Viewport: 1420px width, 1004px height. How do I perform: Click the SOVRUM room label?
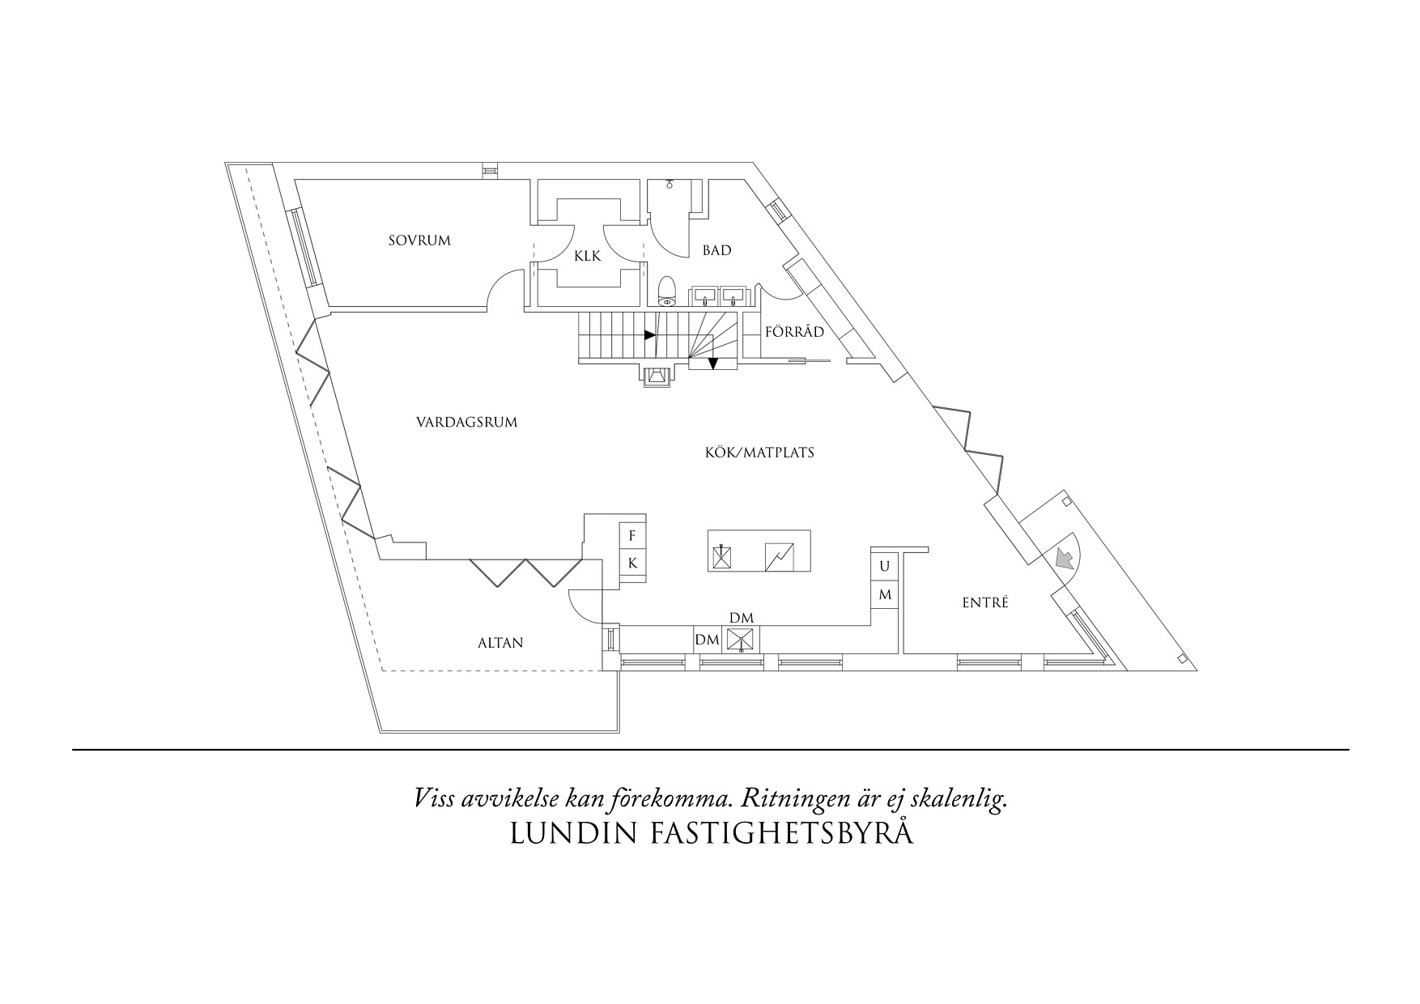click(x=419, y=240)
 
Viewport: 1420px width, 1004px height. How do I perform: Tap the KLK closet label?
click(x=588, y=256)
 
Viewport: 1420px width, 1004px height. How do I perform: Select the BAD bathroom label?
click(x=716, y=250)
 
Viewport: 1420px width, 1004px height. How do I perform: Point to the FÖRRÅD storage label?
click(x=795, y=332)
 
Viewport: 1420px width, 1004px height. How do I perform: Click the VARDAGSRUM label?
click(x=466, y=422)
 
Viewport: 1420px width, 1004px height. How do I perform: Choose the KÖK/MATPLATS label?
click(x=759, y=453)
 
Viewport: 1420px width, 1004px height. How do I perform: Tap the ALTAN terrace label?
click(x=500, y=643)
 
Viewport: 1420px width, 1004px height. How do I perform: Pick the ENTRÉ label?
click(x=985, y=602)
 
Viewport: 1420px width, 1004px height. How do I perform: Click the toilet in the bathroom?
click(x=667, y=291)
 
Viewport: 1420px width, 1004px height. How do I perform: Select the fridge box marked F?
click(x=632, y=536)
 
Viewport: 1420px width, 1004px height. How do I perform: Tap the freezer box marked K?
click(x=632, y=563)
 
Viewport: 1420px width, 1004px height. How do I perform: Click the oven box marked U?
click(x=885, y=565)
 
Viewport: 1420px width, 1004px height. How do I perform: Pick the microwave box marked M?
click(x=885, y=594)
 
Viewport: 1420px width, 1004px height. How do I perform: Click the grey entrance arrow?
click(x=1065, y=558)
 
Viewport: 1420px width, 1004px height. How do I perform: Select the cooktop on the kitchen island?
click(x=780, y=556)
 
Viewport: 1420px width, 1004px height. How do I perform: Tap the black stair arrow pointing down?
click(x=712, y=364)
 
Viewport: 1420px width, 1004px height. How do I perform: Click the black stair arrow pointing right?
click(x=649, y=334)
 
